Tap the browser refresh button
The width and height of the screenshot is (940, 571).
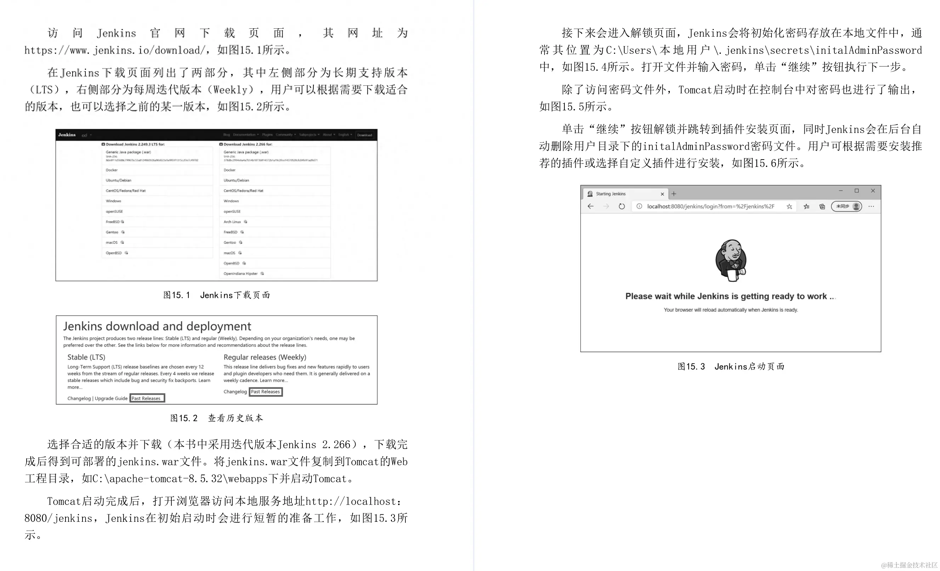[x=621, y=206]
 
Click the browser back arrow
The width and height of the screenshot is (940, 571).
[x=591, y=206]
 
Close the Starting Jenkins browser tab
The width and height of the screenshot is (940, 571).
[x=662, y=194]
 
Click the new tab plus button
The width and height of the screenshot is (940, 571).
[x=674, y=194]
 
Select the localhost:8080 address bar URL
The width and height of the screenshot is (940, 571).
[x=710, y=206]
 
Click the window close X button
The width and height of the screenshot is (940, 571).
[x=873, y=191]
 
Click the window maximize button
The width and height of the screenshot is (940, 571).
[x=856, y=191]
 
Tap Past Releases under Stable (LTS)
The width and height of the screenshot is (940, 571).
[x=147, y=398]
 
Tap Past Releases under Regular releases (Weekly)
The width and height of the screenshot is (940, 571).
[x=266, y=392]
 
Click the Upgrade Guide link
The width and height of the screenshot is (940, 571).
[x=111, y=398]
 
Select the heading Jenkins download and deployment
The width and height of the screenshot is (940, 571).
[x=157, y=326]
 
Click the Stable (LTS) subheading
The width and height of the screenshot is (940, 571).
[x=86, y=357]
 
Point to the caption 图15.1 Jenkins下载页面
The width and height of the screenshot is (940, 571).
[x=216, y=295]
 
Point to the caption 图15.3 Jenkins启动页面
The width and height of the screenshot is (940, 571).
[x=730, y=366]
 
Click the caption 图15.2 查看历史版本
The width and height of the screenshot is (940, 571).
[x=216, y=418]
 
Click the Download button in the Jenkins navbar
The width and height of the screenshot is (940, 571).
[x=365, y=135]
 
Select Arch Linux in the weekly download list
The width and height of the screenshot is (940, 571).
[x=232, y=222]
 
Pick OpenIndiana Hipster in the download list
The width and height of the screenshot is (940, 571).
[x=241, y=274]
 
